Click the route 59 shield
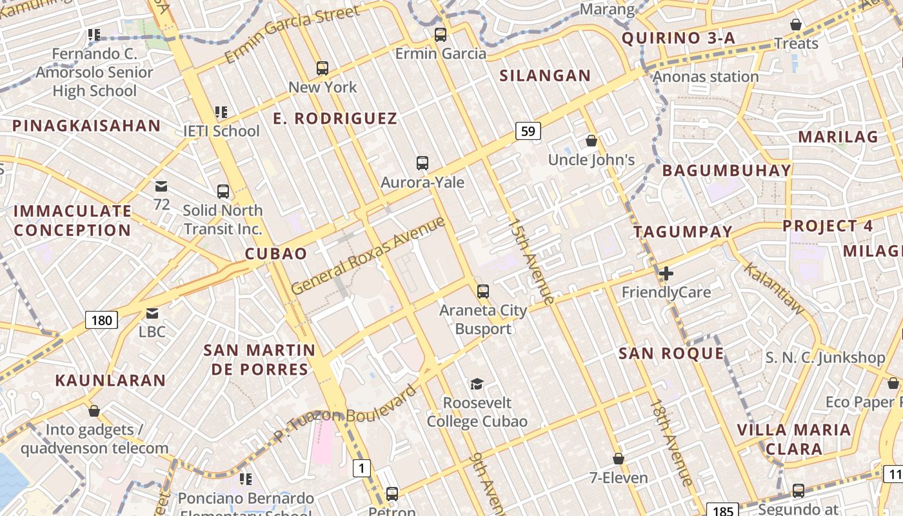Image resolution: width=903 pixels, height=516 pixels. point(528,132)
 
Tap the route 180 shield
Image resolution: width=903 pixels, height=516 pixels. point(101,319)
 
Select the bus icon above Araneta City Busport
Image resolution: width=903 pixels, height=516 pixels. point(483,292)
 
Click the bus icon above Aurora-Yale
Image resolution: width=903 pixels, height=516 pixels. point(422,163)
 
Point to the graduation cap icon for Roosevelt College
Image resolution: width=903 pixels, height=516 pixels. point(477,384)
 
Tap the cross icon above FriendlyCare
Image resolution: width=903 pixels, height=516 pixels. point(666,273)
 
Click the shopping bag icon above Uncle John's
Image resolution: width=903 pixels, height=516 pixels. point(591,141)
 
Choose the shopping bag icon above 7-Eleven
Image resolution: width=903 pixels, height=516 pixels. point(619,459)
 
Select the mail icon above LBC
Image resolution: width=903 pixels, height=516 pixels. point(152,313)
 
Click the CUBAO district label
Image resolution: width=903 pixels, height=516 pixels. point(276,253)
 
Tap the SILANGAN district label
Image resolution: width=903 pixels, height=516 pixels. point(545,75)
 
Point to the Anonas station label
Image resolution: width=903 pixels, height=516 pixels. point(706,77)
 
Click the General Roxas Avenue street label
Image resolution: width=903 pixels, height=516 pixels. point(368,255)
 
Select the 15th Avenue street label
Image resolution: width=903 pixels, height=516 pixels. point(531,261)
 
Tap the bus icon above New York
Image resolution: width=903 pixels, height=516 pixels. point(322,68)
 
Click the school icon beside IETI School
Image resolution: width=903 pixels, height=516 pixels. point(221,112)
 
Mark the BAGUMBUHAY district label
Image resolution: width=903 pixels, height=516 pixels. point(726,170)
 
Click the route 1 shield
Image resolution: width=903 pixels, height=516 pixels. point(362,468)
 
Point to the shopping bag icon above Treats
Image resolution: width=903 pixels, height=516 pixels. point(796,25)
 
